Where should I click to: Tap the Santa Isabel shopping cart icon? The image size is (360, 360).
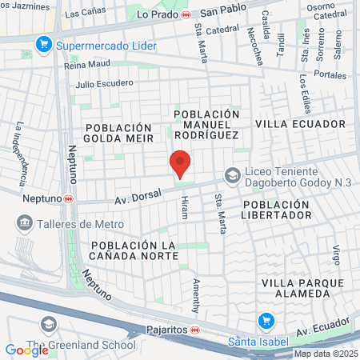pos(266,322)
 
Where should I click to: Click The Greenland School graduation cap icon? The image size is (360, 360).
pos(49,324)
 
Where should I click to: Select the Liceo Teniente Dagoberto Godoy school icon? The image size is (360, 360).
pos(232,175)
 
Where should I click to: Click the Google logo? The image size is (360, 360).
pos(26,350)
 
